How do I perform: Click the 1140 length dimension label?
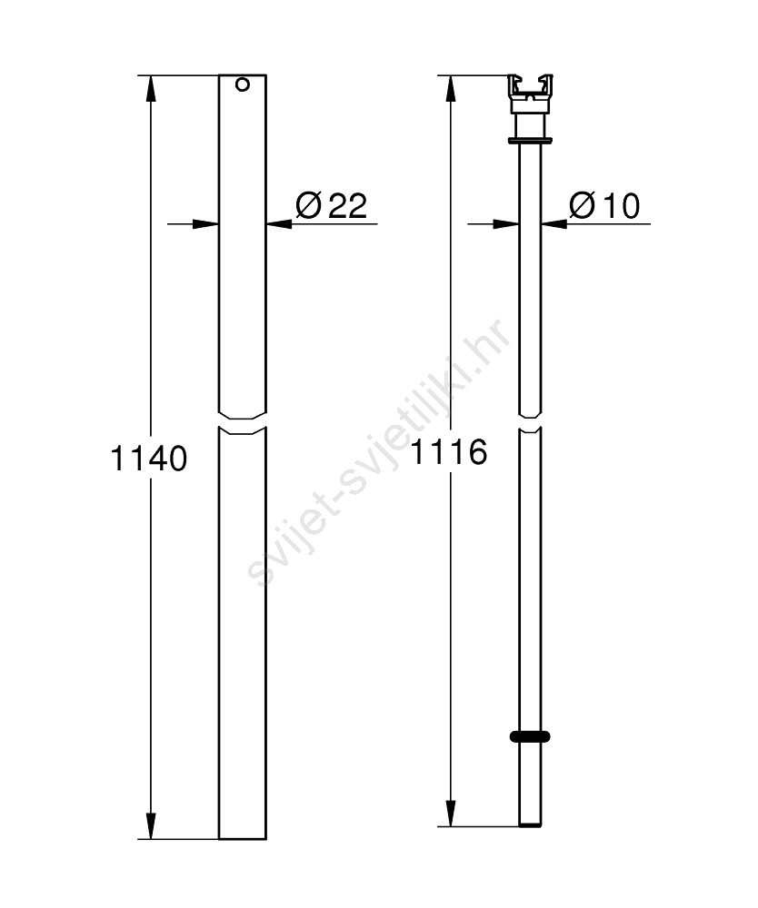coord(148,459)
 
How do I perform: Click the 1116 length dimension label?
coord(449,451)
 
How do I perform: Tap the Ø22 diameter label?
coord(332,205)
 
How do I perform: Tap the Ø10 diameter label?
coord(604,205)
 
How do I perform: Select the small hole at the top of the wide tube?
coord(243,84)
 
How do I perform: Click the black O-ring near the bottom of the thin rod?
coord(530,736)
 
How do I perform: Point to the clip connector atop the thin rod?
coord(530,94)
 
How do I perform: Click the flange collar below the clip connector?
coord(530,140)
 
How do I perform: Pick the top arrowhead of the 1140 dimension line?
coord(151,88)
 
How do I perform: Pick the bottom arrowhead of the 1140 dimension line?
coord(151,825)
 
